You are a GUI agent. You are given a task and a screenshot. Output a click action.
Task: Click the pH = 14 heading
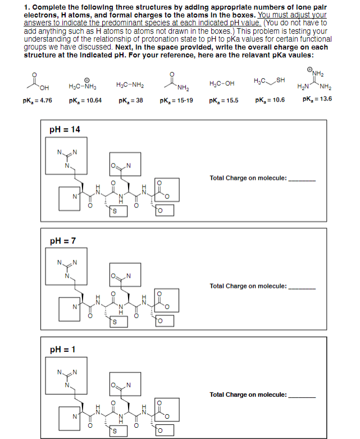tap(65, 130)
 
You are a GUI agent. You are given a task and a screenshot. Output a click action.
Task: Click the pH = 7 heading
tap(63, 241)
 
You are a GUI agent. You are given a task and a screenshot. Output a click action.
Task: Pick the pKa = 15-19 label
tap(177, 101)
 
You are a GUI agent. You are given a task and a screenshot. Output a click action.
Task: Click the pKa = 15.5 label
tap(223, 101)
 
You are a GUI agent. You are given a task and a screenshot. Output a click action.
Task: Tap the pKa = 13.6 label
tap(317, 99)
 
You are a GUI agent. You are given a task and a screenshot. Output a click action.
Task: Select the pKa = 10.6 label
tap(270, 100)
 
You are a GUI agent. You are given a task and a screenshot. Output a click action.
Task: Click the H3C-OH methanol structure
tap(221, 84)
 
